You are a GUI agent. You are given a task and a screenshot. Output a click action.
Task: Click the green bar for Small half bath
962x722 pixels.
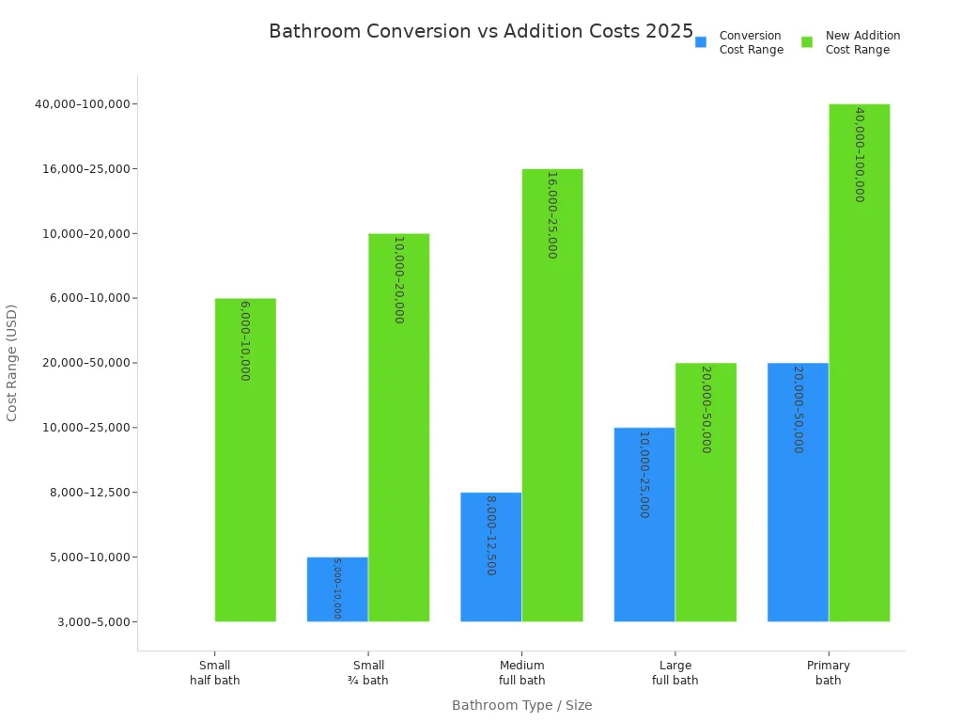coord(245,460)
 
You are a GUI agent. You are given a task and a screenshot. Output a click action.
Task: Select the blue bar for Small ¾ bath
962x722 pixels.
coord(337,589)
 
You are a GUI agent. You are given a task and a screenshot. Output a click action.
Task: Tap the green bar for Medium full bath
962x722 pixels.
coord(552,395)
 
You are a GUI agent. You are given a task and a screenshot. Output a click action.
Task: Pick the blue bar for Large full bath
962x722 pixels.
coord(644,525)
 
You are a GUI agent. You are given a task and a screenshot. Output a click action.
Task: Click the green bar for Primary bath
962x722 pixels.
coord(859,362)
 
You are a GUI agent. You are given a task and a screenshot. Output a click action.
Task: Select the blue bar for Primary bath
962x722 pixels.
coord(798,492)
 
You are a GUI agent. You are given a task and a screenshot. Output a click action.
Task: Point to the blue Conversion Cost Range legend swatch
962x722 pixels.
coord(701,42)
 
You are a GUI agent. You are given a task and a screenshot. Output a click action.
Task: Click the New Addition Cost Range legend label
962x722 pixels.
coord(862,42)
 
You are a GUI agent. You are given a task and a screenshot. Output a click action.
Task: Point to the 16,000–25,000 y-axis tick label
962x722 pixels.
coord(88,169)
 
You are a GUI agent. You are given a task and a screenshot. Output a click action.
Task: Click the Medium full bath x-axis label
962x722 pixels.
coord(521,673)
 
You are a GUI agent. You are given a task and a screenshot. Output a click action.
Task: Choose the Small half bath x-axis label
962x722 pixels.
coord(214,673)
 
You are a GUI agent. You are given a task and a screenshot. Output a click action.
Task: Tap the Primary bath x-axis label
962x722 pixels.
coord(829,673)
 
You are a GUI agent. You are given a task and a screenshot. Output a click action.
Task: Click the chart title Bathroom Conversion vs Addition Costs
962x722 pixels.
coord(480,31)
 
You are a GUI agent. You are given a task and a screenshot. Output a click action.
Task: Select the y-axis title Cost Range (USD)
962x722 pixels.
coord(12,362)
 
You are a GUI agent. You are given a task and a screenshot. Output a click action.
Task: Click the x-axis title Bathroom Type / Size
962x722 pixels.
coord(521,705)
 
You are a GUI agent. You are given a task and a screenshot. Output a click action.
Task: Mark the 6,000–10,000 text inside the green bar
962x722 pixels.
coord(245,340)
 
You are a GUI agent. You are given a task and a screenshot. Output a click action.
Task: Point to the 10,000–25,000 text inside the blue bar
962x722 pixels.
coord(644,474)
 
